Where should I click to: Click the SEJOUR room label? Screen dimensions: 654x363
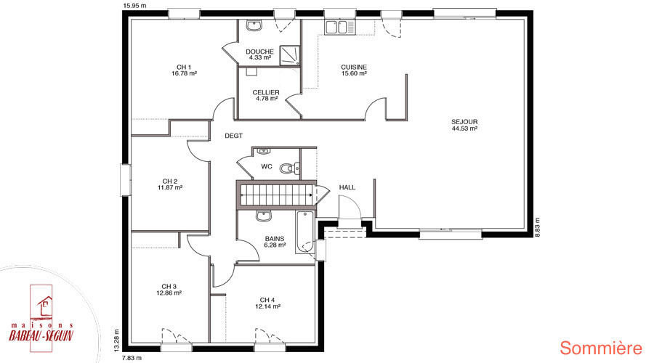point(464,122)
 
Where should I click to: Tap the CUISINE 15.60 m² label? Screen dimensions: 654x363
point(354,70)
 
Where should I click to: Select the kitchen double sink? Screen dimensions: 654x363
point(340,28)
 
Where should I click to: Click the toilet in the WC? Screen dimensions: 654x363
point(290,168)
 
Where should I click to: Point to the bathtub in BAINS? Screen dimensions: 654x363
point(305,232)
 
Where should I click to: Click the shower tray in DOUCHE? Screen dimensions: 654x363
point(290,55)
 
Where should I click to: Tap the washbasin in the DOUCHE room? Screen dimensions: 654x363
point(254,26)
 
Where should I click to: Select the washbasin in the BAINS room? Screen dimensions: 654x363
point(264,216)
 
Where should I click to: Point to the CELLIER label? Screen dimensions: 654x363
point(266,92)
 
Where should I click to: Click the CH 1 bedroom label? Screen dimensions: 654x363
point(184,67)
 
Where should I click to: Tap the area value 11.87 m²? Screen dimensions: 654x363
point(170,187)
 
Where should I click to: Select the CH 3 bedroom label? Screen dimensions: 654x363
point(169,286)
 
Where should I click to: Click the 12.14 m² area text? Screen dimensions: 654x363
point(267,306)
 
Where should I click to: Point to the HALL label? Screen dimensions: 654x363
point(347,187)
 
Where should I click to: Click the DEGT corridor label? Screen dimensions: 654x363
point(233,136)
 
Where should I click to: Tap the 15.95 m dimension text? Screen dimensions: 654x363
point(135,5)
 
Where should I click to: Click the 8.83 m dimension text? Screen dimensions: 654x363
point(537,227)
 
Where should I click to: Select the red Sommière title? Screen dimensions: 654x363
point(601,348)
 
